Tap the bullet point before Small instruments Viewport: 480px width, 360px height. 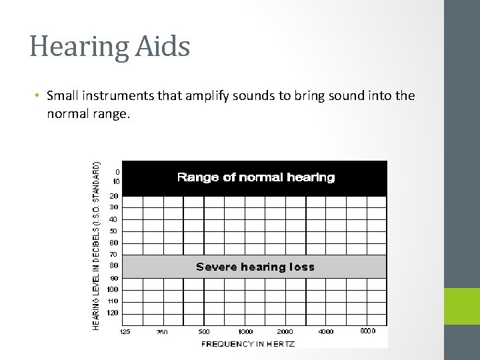(x=39, y=97)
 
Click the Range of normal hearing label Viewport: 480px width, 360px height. (x=255, y=177)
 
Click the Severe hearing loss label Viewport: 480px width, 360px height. (x=255, y=267)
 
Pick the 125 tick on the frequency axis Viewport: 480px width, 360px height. (x=125, y=331)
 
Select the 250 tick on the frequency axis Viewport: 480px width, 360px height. (x=162, y=331)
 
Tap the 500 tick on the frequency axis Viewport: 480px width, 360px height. (x=204, y=331)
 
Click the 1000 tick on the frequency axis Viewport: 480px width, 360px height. (x=245, y=331)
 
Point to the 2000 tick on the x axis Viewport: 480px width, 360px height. (x=286, y=331)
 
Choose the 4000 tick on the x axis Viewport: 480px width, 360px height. (x=327, y=331)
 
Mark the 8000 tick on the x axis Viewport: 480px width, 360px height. (x=368, y=331)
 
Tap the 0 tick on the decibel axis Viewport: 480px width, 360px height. (x=117, y=171)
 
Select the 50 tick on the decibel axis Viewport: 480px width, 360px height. (x=114, y=231)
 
